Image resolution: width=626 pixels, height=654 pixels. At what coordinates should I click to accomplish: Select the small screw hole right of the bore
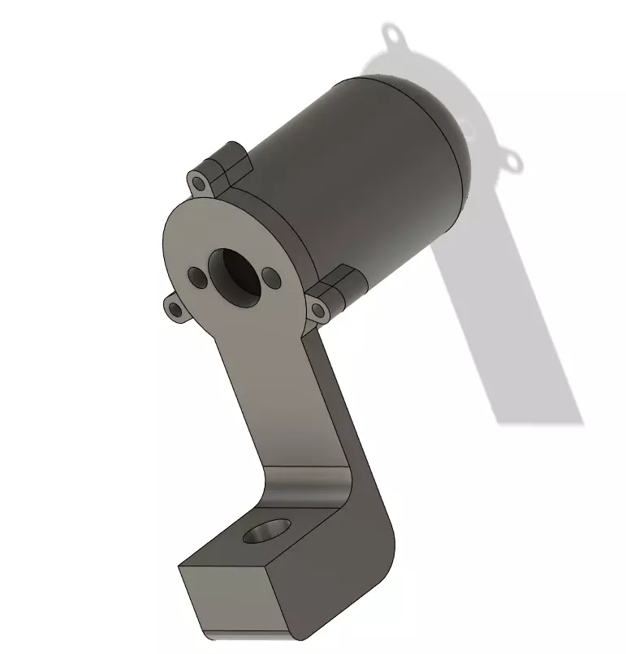(272, 280)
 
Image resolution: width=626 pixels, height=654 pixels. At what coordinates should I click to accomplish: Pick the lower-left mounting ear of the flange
(174, 308)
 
